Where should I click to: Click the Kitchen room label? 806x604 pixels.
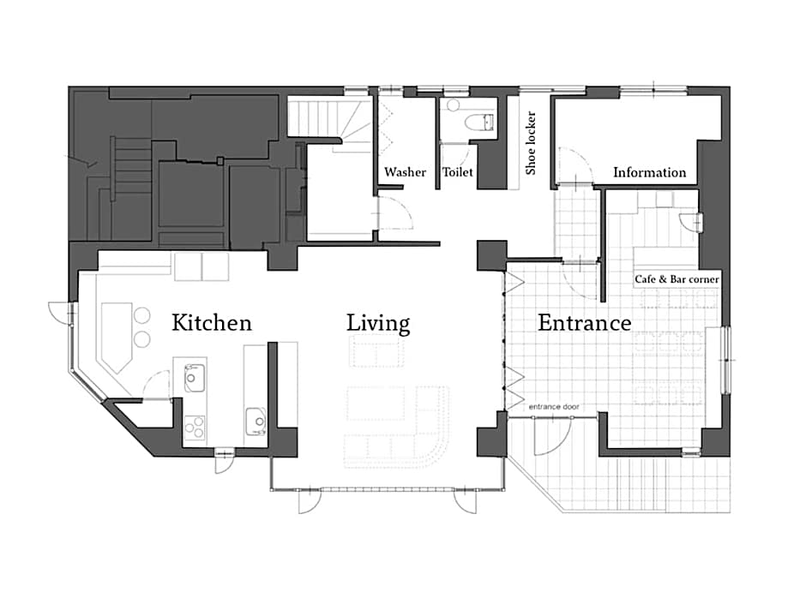212,322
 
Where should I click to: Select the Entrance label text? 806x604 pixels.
585,323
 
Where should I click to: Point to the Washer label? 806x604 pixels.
405,172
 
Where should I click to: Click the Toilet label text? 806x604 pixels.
458,172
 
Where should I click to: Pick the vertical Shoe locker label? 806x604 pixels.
531,143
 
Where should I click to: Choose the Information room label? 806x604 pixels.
649,172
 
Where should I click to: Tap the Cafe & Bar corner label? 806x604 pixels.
677,279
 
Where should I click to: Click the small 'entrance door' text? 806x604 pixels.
554,407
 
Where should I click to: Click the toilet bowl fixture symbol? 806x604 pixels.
479,123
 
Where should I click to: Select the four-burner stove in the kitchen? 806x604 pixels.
195,428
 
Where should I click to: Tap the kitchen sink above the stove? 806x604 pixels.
195,378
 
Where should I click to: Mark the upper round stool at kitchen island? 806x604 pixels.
141,315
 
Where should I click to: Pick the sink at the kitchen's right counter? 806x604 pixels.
256,422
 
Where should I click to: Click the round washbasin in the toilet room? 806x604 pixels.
453,105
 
